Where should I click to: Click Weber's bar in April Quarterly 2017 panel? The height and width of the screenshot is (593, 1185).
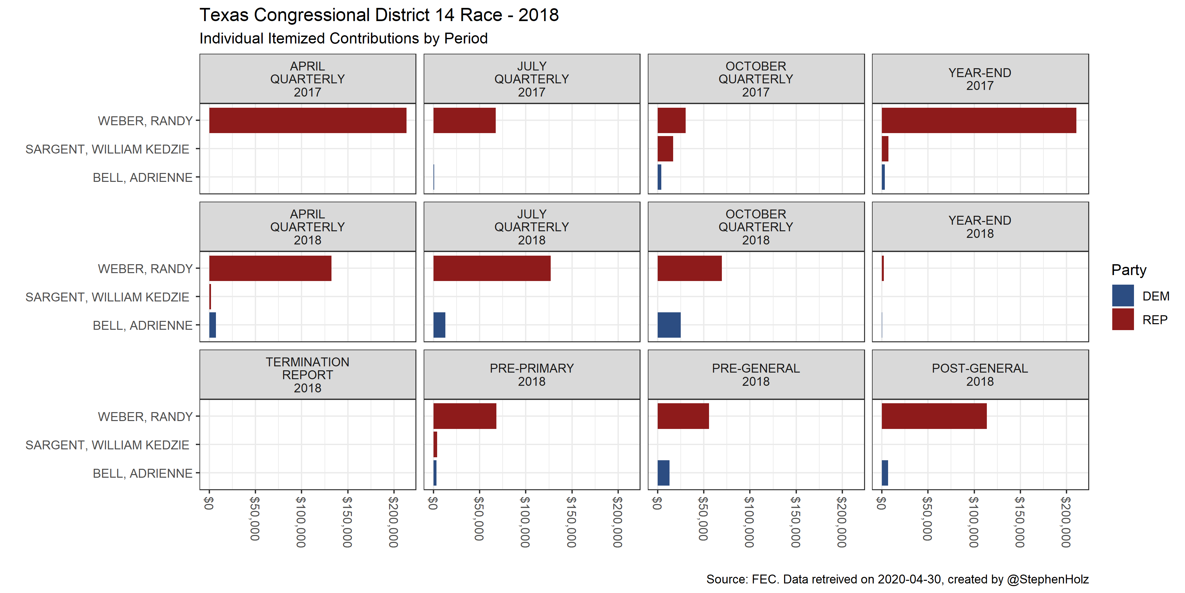pyautogui.click(x=307, y=121)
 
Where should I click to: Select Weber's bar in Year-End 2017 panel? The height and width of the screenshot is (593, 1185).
pyautogui.click(x=979, y=121)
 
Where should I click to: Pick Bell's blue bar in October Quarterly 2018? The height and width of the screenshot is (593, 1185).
pyautogui.click(x=669, y=325)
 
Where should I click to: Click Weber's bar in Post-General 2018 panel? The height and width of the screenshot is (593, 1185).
pyautogui.click(x=934, y=416)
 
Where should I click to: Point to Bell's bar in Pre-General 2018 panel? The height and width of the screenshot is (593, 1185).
pyautogui.click(x=663, y=473)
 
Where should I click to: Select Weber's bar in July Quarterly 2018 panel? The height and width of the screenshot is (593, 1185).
pyautogui.click(x=491, y=268)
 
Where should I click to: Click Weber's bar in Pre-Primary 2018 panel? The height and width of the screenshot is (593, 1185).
pyautogui.click(x=464, y=416)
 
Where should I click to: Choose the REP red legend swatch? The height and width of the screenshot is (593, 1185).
pyautogui.click(x=1122, y=320)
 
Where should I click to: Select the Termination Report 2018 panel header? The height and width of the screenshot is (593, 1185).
pyautogui.click(x=307, y=375)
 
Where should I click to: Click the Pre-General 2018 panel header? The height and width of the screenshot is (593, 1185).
pyautogui.click(x=755, y=375)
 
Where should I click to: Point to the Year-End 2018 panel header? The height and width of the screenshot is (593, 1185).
pyautogui.click(x=980, y=227)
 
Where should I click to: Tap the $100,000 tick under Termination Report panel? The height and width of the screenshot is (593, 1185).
pyautogui.click(x=301, y=521)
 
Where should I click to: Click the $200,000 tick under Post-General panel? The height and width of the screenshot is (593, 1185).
pyautogui.click(x=1066, y=521)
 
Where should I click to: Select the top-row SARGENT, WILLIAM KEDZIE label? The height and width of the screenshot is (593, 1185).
pyautogui.click(x=107, y=149)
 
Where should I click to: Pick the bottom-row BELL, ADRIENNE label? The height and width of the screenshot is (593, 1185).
pyautogui.click(x=143, y=473)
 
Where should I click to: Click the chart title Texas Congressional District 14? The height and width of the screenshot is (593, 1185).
pyautogui.click(x=379, y=15)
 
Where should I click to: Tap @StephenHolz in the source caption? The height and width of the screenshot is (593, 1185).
pyautogui.click(x=1047, y=579)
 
